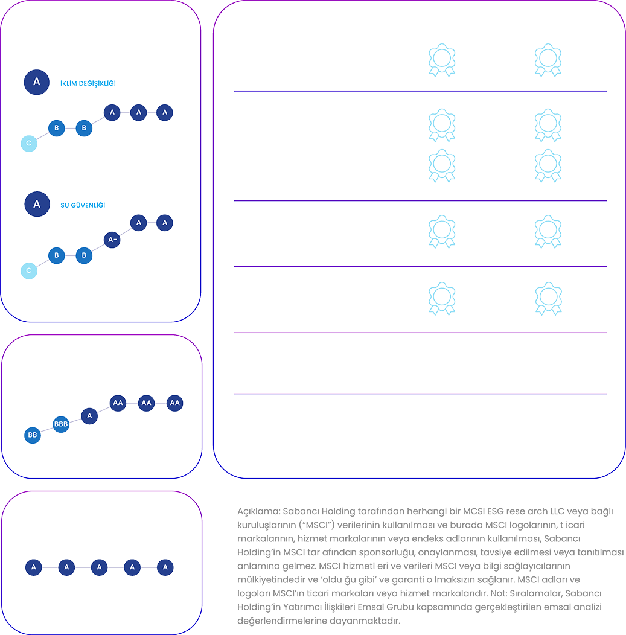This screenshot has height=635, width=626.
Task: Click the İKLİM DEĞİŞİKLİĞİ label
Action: (x=88, y=83)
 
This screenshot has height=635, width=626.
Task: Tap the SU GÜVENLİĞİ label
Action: (x=83, y=205)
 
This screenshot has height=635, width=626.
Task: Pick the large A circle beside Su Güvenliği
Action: (x=37, y=204)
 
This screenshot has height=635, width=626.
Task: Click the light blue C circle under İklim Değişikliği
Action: (x=28, y=143)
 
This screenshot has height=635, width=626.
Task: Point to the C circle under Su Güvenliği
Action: (x=28, y=270)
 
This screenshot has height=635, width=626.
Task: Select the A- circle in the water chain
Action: (x=112, y=240)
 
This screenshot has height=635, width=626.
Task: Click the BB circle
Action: (x=33, y=435)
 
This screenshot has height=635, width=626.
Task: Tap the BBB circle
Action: (x=61, y=424)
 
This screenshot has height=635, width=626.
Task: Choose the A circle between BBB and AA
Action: (x=89, y=416)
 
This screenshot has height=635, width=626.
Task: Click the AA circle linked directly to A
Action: (x=118, y=403)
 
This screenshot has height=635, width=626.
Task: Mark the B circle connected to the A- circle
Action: (x=84, y=255)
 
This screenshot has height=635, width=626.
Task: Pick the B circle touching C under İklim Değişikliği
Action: (x=56, y=128)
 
